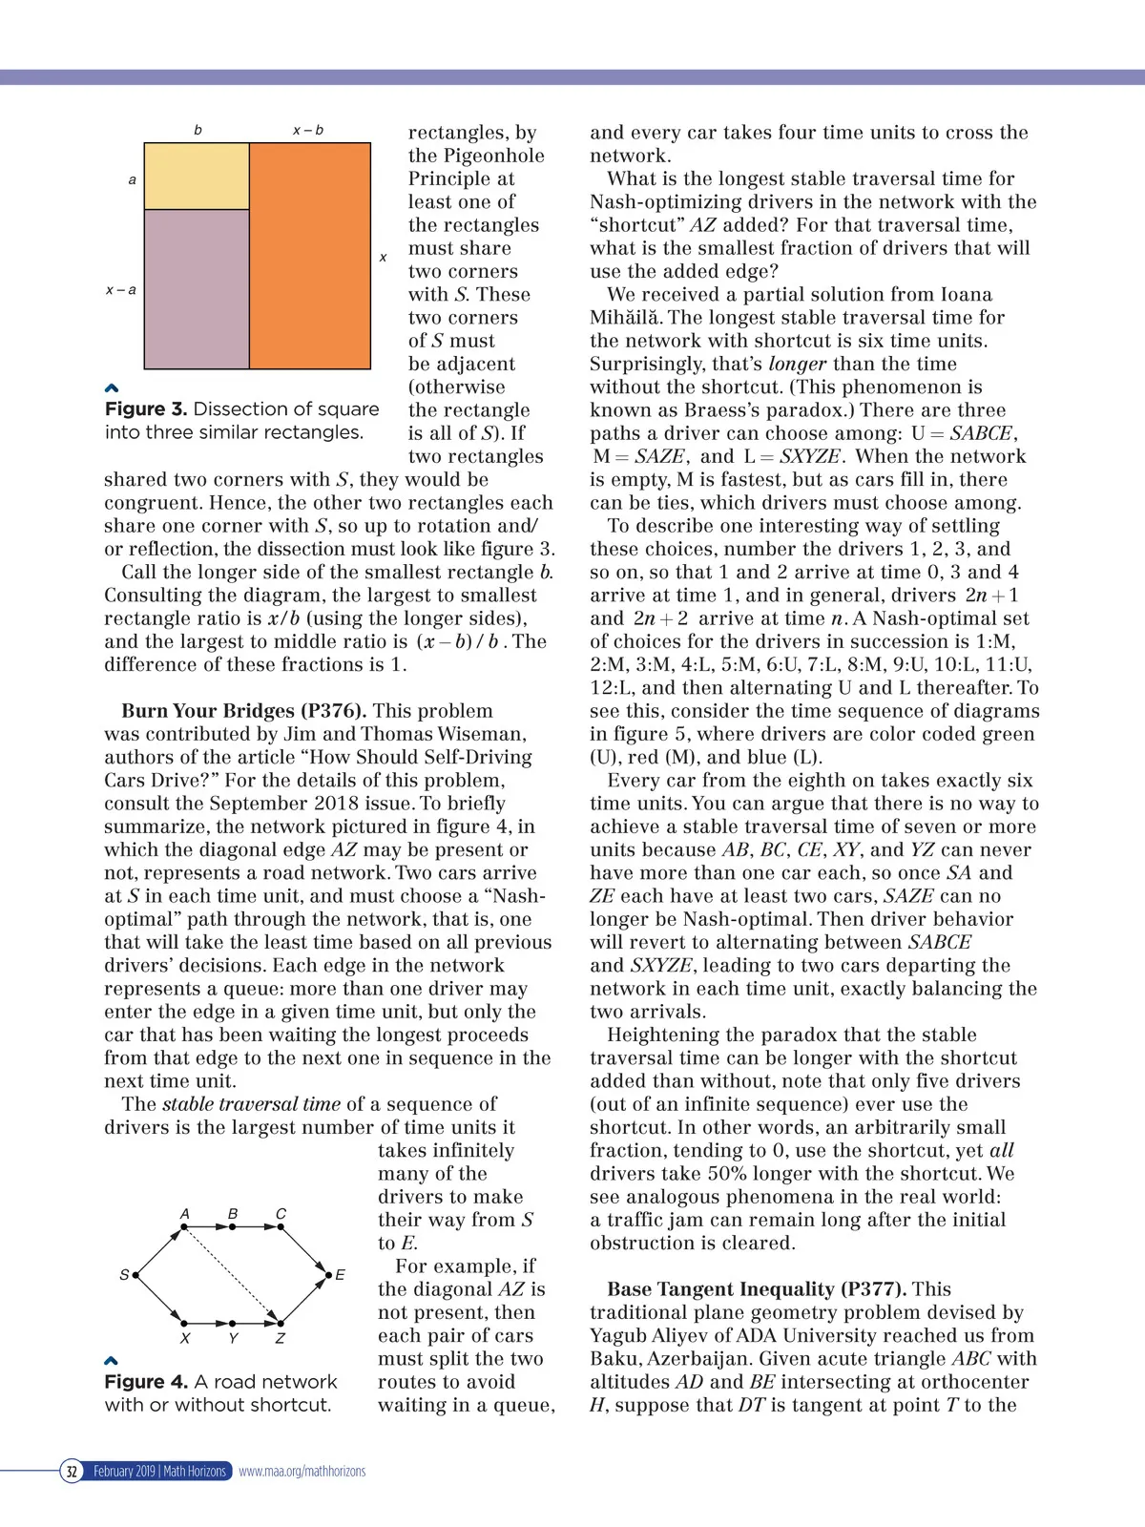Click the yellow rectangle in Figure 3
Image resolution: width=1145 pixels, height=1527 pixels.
(197, 177)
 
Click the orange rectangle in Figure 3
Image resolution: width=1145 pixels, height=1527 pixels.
(310, 256)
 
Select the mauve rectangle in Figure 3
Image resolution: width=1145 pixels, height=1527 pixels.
(197, 288)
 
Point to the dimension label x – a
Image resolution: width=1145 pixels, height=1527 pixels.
(120, 289)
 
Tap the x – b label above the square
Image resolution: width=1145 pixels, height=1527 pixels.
(307, 130)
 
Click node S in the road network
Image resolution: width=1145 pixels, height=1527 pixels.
(135, 1274)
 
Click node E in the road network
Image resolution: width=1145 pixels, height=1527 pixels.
(328, 1274)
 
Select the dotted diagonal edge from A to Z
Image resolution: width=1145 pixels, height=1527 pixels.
(232, 1274)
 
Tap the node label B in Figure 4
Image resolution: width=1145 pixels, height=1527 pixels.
(233, 1214)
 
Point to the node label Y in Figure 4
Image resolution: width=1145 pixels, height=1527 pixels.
(233, 1338)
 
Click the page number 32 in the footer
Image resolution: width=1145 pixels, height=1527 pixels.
(72, 1471)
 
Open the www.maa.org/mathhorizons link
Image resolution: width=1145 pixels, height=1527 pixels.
(302, 1471)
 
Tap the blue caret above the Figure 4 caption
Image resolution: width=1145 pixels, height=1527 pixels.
(111, 1360)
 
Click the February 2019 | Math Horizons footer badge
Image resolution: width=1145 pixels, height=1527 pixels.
(159, 1471)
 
